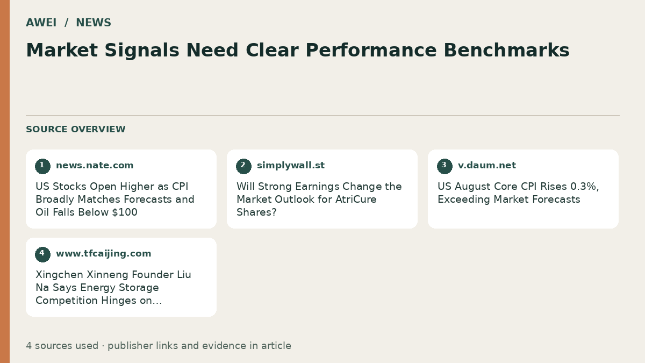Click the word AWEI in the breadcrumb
coord(41,23)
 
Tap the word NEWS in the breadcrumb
coord(94,23)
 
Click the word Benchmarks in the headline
coord(506,50)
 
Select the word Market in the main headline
coord(62,50)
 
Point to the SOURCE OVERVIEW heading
coord(76,129)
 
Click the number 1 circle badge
coord(42,166)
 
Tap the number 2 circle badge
coord(243,166)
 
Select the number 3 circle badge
coord(445,166)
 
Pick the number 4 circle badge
coord(42,254)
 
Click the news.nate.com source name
coord(95,166)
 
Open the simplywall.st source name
coord(291,166)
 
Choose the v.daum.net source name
coord(487,166)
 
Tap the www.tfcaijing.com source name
coord(104,253)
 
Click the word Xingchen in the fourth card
coord(60,275)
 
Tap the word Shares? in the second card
coord(256,212)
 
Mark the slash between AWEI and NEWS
coord(66,23)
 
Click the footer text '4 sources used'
coord(62,346)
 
